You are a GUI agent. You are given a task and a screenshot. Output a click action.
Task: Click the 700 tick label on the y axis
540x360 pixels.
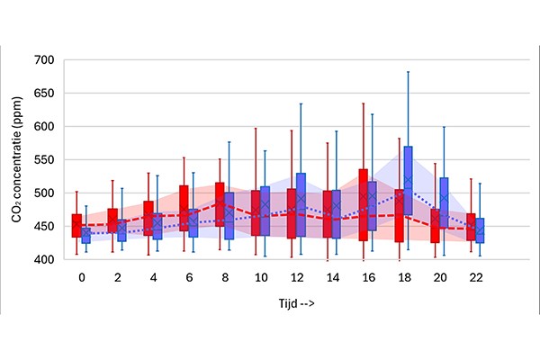[x=44, y=60]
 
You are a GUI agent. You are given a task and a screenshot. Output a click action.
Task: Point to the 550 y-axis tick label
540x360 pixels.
[x=44, y=160]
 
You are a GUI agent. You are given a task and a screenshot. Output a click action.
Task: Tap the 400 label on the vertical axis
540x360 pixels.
[x=44, y=259]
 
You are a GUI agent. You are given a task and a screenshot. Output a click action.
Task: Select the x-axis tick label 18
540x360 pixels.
[x=404, y=277]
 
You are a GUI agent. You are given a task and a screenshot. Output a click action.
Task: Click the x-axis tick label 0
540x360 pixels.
[x=82, y=277]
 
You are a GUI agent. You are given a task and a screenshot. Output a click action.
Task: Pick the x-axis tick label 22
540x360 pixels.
[x=476, y=277]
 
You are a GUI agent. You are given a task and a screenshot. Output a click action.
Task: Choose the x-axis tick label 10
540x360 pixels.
[x=261, y=277]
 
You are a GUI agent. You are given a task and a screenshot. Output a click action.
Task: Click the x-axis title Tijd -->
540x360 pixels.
[x=296, y=303]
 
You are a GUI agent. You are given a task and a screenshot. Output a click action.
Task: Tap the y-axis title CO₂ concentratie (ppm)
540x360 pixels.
[x=17, y=159]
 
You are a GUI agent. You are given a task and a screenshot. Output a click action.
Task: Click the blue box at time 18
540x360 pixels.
[x=408, y=181]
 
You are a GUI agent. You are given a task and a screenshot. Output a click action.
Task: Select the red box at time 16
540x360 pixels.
[x=364, y=205]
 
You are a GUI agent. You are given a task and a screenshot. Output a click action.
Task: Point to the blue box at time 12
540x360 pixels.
[x=301, y=204]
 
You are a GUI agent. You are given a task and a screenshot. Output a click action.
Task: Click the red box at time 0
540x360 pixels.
[x=76, y=226]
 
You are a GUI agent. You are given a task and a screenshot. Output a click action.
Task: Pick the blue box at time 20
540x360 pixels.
[x=444, y=202]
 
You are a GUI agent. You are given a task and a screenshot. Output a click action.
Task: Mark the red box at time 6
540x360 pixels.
[x=184, y=208]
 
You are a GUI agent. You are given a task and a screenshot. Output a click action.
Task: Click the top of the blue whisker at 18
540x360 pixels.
[x=408, y=72]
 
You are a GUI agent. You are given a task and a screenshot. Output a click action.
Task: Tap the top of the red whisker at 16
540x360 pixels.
[x=364, y=103]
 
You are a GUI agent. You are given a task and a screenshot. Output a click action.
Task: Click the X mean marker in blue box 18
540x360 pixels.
[x=408, y=179]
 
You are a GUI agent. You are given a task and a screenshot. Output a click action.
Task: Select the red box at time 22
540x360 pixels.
[x=471, y=227]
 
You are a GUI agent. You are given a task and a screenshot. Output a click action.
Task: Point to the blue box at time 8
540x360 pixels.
[x=229, y=216]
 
